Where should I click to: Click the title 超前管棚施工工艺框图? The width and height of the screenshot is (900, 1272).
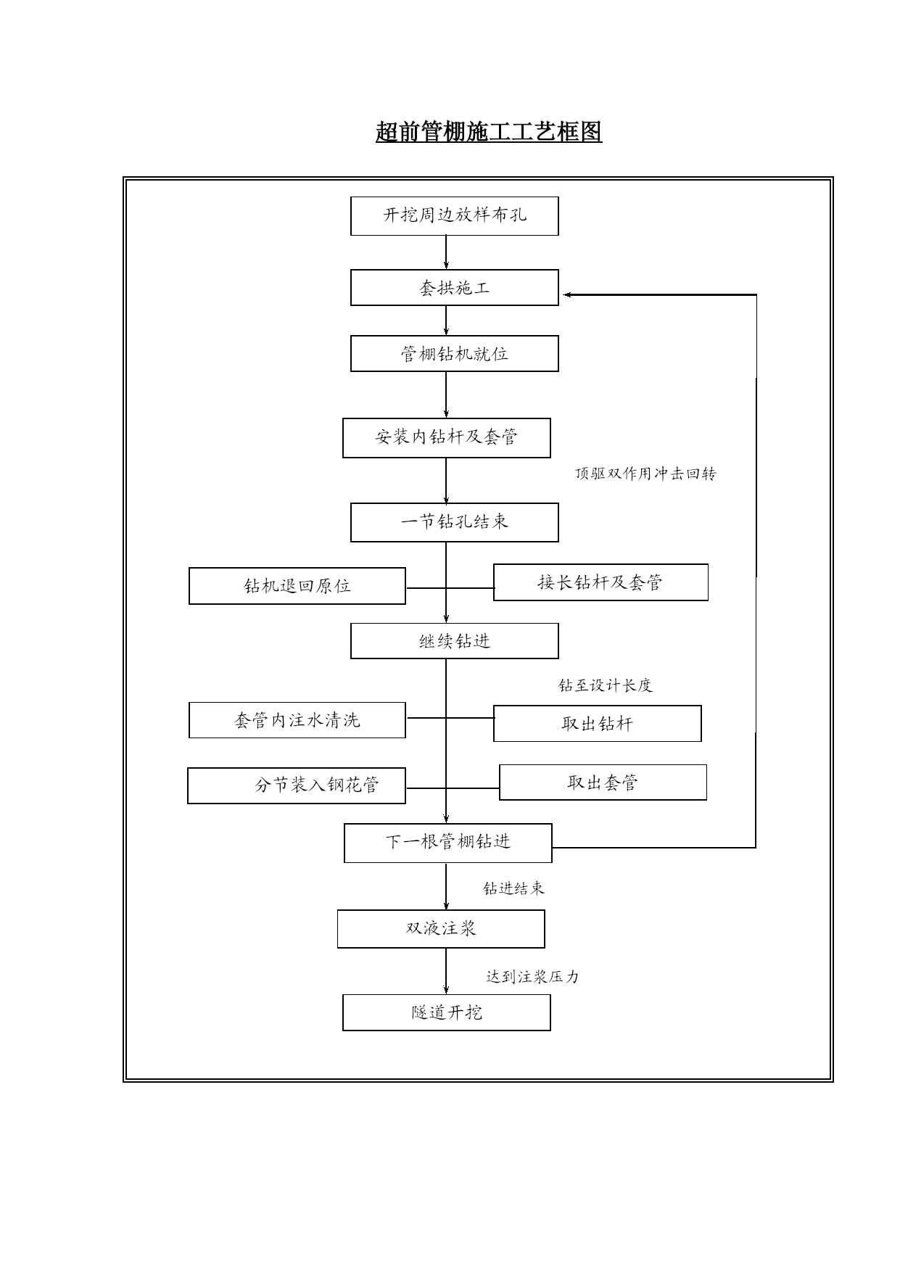(489, 132)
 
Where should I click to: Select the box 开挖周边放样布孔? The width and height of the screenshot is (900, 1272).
(455, 216)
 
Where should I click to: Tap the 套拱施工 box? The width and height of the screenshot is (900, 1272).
(455, 288)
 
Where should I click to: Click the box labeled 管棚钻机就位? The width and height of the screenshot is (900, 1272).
(455, 354)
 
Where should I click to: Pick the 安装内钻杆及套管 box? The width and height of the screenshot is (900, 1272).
(447, 437)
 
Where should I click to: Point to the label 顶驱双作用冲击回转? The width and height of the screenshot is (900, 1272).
(645, 474)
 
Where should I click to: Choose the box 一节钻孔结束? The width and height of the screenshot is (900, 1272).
(455, 522)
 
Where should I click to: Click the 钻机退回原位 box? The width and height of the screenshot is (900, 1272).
(297, 586)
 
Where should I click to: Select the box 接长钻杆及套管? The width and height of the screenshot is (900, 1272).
(600, 582)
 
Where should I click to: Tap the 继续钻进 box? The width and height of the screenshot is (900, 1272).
(455, 641)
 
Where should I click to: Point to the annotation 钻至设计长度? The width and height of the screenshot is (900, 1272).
(606, 685)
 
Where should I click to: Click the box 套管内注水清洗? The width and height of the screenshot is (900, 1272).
(297, 720)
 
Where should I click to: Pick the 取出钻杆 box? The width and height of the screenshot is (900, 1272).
(598, 724)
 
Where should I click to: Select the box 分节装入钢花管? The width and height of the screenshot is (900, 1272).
(297, 785)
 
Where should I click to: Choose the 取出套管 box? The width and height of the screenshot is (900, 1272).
(603, 782)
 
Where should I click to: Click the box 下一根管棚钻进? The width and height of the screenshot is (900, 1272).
(448, 843)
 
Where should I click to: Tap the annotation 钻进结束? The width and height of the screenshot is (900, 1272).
(514, 888)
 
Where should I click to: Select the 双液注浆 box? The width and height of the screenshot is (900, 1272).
(441, 929)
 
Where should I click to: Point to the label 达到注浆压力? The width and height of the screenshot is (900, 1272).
(532, 977)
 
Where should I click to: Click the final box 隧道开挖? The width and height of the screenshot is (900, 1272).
(447, 1012)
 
